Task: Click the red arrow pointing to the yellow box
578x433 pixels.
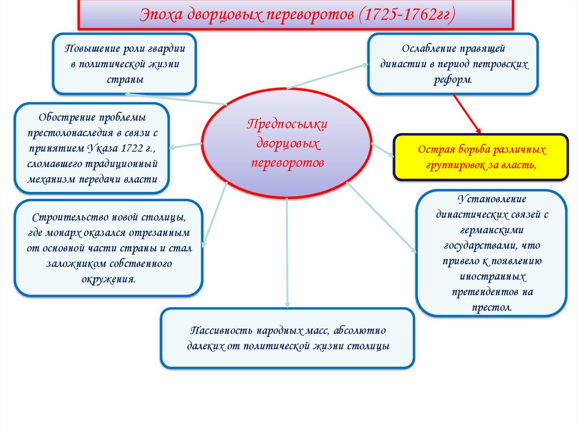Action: [467, 114]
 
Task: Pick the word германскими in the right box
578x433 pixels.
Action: [491, 230]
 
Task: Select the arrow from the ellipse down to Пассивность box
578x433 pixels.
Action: [287, 254]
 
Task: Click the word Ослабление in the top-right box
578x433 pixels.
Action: [427, 49]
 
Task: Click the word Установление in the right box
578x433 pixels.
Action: [491, 199]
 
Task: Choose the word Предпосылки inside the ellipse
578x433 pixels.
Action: [287, 124]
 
